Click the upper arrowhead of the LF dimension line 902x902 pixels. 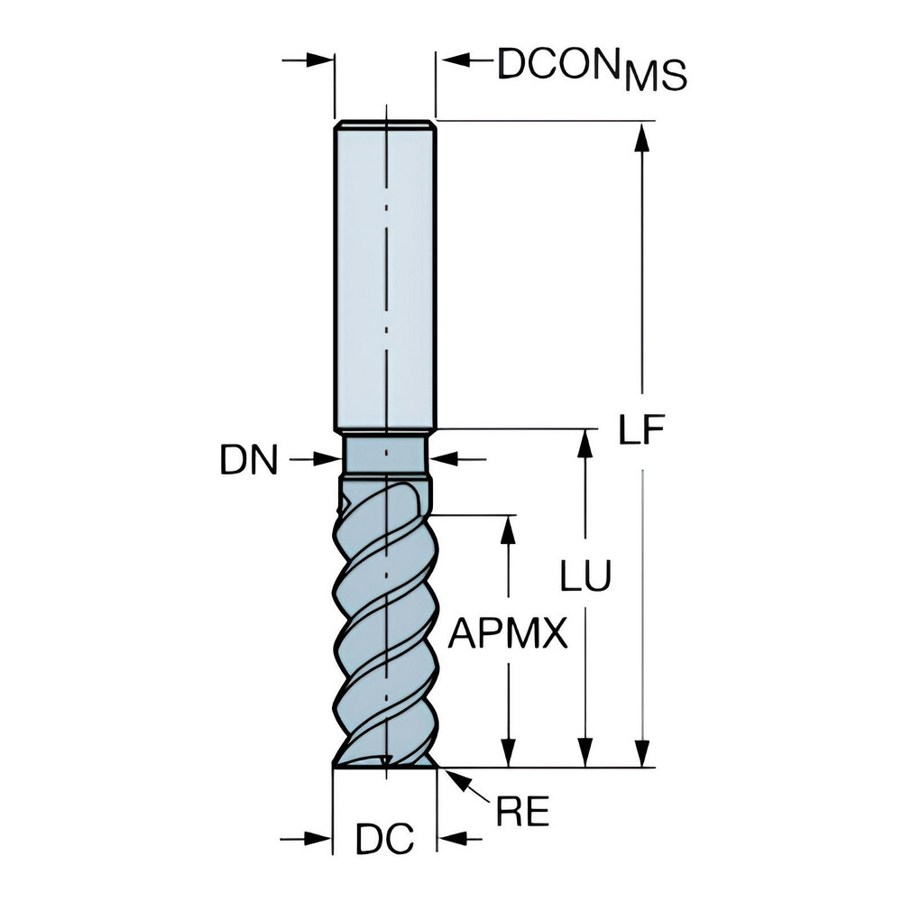(x=641, y=135)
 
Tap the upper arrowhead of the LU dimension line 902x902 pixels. (x=586, y=444)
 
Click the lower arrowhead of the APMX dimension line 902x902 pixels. (x=510, y=753)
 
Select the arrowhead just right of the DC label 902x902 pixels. (x=450, y=840)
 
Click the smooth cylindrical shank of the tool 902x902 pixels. (x=385, y=271)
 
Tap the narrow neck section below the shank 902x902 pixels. (x=385, y=453)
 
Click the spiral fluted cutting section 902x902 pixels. (x=385, y=622)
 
